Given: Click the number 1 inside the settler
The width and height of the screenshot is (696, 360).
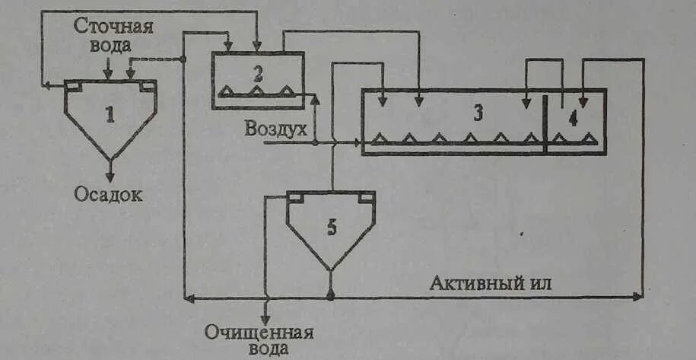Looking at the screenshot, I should (x=110, y=115).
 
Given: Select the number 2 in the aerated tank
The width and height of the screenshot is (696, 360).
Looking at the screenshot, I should (x=258, y=75).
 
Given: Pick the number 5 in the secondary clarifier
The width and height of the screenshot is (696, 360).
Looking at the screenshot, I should (x=331, y=228).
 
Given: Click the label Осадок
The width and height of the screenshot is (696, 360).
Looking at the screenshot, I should (x=108, y=194).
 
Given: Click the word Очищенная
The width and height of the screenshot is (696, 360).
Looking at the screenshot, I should (x=259, y=333).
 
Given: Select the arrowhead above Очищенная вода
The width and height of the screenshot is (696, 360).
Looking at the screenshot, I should (x=265, y=317).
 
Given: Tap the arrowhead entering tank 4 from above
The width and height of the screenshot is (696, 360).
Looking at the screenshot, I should (x=583, y=101).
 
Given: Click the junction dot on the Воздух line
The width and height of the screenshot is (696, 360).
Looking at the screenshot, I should (x=315, y=142).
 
